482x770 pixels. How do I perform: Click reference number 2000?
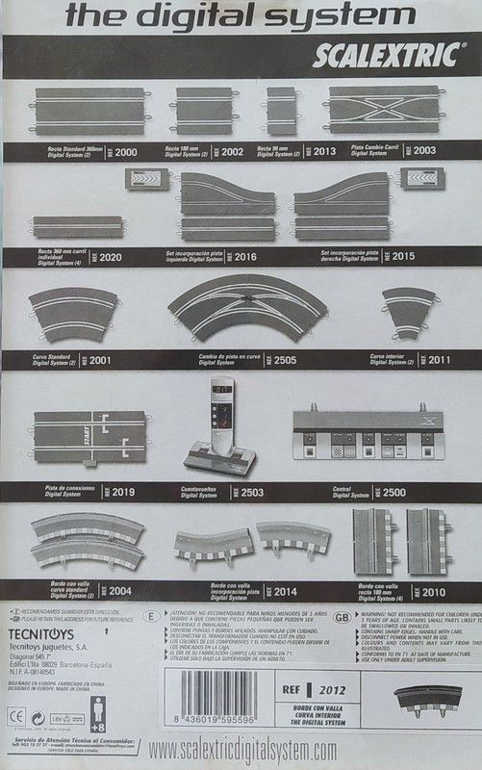pyautogui.click(x=126, y=152)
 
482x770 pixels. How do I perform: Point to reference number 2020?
pyautogui.click(x=110, y=258)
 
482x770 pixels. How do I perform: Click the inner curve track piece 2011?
pyautogui.click(x=409, y=311)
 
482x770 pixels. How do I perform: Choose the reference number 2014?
pyautogui.click(x=286, y=591)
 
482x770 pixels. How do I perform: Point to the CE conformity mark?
pyautogui.click(x=16, y=717)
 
